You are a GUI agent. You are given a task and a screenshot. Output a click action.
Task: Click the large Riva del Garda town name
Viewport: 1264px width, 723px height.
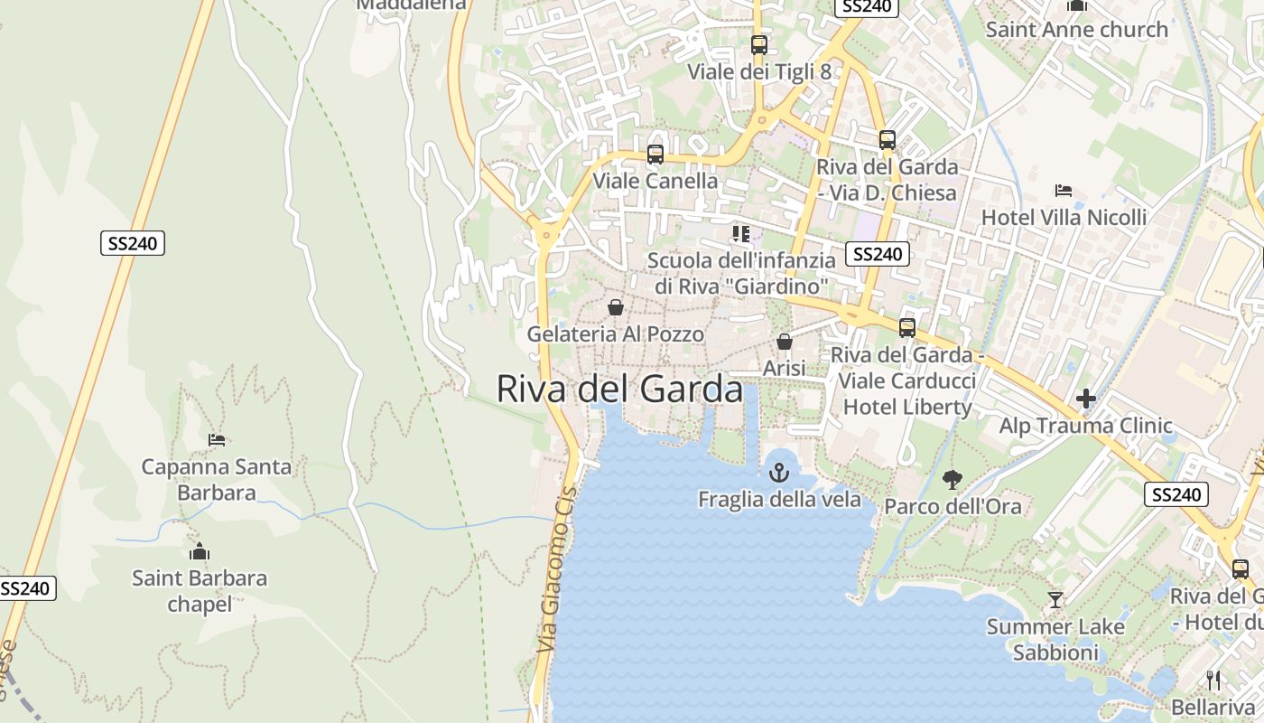pos(619,390)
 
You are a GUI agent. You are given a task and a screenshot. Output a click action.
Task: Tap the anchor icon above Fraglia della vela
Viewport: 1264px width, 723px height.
pos(778,472)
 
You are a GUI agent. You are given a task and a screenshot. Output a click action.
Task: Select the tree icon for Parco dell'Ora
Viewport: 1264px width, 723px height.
pos(952,479)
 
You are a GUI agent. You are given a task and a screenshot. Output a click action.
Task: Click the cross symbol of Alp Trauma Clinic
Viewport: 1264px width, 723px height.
pos(1086,398)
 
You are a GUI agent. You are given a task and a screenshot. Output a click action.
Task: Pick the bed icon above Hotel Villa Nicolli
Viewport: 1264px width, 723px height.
pos(1064,191)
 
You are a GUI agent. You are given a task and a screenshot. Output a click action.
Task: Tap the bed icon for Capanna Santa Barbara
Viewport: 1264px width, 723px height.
pos(217,440)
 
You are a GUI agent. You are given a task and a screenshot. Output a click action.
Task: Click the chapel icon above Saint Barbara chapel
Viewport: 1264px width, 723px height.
pos(200,551)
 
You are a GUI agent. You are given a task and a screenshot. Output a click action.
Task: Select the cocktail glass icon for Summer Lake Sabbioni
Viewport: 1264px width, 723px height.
pos(1055,599)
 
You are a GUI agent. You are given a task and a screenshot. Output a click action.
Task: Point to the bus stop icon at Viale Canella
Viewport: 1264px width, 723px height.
pos(655,155)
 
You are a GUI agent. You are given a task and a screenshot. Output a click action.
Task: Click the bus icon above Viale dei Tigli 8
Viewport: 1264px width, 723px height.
pos(759,44)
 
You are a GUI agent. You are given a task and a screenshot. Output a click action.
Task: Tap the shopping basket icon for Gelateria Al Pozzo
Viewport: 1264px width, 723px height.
pos(616,307)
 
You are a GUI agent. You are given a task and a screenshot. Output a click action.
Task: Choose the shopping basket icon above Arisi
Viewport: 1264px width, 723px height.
pos(784,342)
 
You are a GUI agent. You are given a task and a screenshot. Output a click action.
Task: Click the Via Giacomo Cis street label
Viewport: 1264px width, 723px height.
pos(556,575)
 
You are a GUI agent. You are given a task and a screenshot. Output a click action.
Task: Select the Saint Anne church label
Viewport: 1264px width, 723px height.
pos(1076,30)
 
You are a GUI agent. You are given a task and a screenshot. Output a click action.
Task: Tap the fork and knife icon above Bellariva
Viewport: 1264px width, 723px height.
pos(1213,680)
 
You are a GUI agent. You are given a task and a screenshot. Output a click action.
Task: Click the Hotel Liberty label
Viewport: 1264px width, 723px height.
pos(906,407)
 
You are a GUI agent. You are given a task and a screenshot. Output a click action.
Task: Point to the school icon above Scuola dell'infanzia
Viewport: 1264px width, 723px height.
pos(741,234)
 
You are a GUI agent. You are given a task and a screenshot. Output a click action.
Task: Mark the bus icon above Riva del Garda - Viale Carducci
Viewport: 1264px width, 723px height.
pos(907,327)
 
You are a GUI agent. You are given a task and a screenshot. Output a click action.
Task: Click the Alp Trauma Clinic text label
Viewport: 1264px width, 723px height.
pos(1085,426)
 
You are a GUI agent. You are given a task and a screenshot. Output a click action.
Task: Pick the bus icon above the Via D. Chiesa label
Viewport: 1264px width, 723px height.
pos(888,140)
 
